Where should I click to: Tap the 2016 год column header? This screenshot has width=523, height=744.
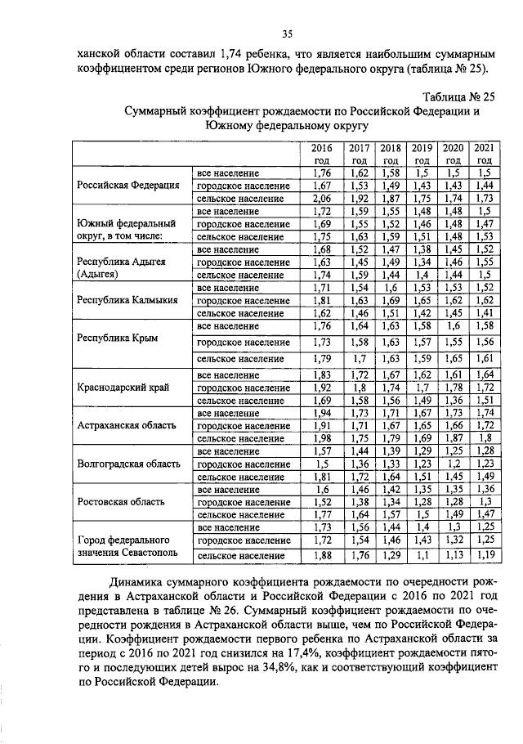click(x=322, y=154)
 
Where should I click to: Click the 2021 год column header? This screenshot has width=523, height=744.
click(x=484, y=154)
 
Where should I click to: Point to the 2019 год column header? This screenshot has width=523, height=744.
click(x=421, y=154)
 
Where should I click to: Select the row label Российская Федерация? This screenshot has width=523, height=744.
click(x=128, y=186)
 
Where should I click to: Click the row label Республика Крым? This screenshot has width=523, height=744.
click(x=117, y=338)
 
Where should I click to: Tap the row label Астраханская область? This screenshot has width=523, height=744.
click(x=126, y=425)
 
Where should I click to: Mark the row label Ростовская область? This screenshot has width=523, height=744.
click(x=121, y=501)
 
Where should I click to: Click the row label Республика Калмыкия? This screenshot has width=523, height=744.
click(x=127, y=300)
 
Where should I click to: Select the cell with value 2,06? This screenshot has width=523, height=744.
click(x=322, y=198)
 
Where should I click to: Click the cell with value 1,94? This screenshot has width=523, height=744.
click(x=322, y=414)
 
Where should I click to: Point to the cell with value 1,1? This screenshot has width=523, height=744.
click(x=421, y=558)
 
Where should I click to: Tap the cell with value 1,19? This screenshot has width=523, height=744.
click(x=484, y=558)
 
